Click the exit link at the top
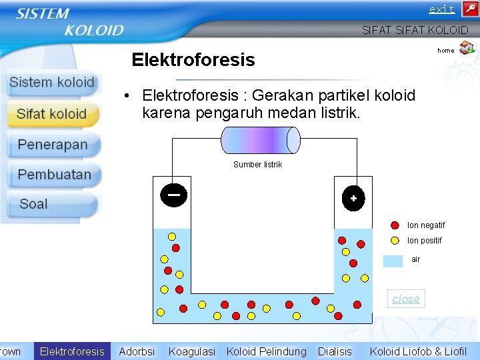tap(441, 9)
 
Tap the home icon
tap(467, 47)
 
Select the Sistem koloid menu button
tap(52, 83)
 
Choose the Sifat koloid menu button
tap(52, 114)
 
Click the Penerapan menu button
tap(53, 145)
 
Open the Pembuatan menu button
tap(54, 175)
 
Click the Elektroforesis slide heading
tap(193, 60)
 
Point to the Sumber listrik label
tap(258, 165)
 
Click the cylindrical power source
tap(261, 140)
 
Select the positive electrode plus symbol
tap(353, 198)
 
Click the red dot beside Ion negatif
tap(395, 225)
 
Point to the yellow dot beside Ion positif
tap(395, 240)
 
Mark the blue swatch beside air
tap(393, 260)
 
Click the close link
tap(406, 299)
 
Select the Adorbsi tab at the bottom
tap(137, 351)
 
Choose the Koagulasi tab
tap(192, 351)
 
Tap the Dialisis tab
tap(335, 351)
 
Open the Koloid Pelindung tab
tap(267, 351)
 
